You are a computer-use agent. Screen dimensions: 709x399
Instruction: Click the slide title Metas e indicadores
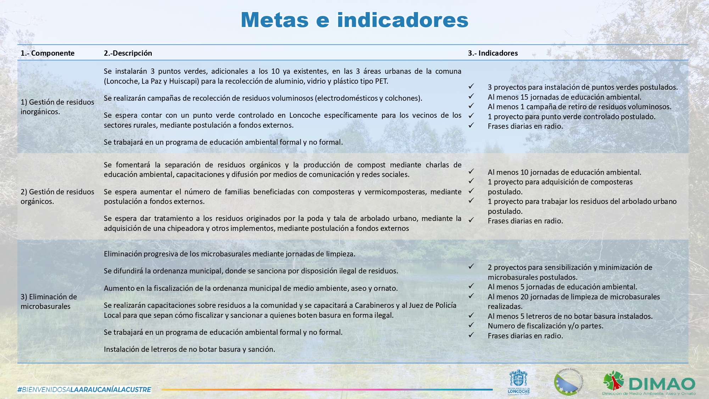tap(354, 20)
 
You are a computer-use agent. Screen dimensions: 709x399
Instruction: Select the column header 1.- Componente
tap(48, 53)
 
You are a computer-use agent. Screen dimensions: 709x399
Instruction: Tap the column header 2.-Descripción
tap(128, 53)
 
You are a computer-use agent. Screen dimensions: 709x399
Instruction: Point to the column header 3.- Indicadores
tap(493, 53)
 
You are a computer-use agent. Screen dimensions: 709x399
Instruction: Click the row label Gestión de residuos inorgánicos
tap(57, 107)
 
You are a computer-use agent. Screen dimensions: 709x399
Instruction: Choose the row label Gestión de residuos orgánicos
tap(57, 196)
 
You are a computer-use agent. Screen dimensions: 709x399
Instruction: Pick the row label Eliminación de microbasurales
tap(49, 301)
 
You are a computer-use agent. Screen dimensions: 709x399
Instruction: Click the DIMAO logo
tap(649, 383)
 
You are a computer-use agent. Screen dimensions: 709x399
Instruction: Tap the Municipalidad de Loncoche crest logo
tap(518, 382)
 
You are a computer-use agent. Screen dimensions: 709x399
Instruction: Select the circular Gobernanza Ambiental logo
tap(569, 382)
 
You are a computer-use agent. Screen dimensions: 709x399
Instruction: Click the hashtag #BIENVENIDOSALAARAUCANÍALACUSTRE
tap(84, 389)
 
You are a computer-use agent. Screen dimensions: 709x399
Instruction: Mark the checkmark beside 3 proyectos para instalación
tap(471, 86)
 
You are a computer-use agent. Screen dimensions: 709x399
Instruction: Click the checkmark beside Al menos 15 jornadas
tap(471, 96)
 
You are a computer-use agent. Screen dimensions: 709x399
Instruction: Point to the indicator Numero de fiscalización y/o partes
tap(545, 326)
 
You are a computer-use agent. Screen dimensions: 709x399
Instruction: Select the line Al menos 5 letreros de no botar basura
tap(570, 316)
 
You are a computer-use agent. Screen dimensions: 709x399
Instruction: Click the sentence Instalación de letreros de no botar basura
tap(189, 349)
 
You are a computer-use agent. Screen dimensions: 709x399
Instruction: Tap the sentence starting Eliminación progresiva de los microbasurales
tap(229, 254)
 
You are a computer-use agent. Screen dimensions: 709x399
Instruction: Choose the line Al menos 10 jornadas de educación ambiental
tap(564, 172)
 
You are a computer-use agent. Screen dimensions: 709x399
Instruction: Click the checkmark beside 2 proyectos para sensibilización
tap(471, 266)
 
